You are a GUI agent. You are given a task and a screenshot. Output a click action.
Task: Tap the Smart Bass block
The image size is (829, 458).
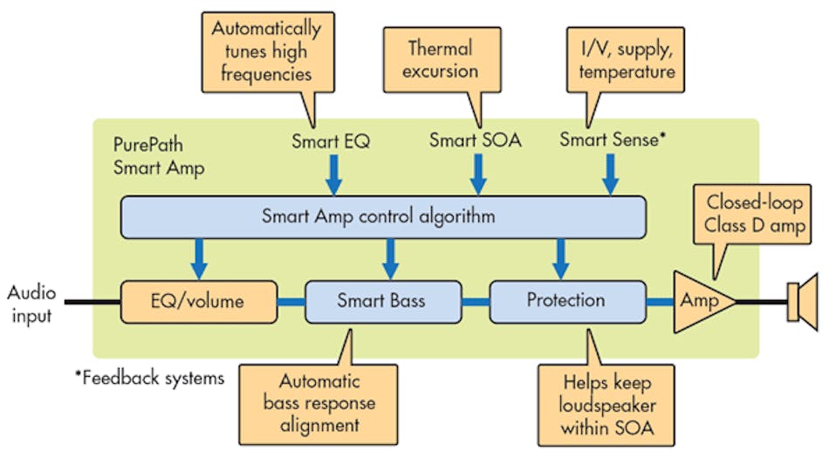[x=381, y=301]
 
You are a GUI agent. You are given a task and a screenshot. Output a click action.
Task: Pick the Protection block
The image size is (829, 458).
[x=565, y=301]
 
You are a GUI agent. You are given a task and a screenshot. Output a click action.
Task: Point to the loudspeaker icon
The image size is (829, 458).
[x=800, y=301]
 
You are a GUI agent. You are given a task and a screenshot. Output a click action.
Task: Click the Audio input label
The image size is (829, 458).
[x=32, y=302]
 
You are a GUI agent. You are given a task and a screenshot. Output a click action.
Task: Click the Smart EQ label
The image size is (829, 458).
[x=332, y=140]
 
